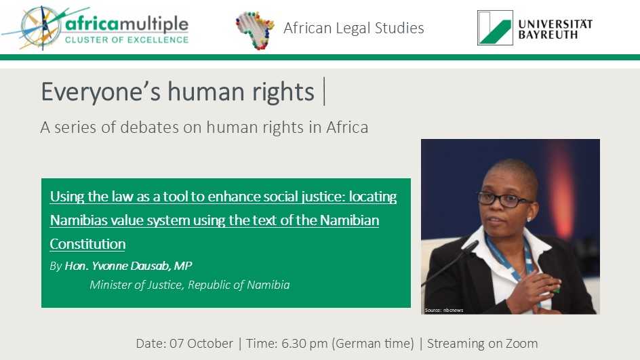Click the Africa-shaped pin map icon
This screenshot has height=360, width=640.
click(x=255, y=30)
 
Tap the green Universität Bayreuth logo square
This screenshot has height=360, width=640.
click(x=495, y=28)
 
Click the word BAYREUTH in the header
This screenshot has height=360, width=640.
click(x=548, y=35)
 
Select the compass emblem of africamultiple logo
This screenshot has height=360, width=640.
click(x=41, y=28)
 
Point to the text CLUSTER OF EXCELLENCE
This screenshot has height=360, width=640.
click(x=127, y=40)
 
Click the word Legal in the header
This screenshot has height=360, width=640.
click(x=353, y=28)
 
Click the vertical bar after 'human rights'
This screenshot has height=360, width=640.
click(x=324, y=92)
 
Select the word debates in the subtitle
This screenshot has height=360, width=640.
click(x=149, y=127)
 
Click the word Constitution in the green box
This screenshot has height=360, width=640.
click(x=87, y=244)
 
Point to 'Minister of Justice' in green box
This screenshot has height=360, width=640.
click(x=136, y=285)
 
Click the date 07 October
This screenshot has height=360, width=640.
click(x=201, y=343)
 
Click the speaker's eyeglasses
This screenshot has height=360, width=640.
click(x=504, y=199)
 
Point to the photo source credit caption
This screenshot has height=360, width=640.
click(x=444, y=311)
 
